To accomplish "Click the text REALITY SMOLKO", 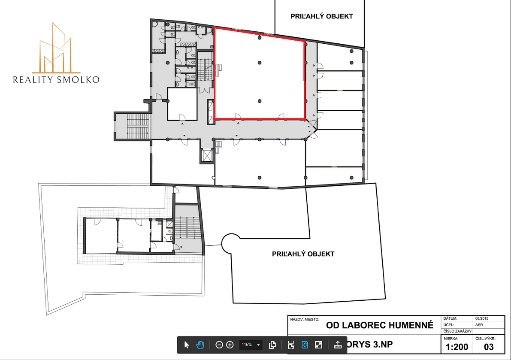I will pyautogui.click(x=56, y=79).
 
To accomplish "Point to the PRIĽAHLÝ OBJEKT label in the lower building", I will pyautogui.click(x=303, y=254).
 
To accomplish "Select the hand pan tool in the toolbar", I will pyautogui.click(x=200, y=345).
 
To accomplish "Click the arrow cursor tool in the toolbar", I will pyautogui.click(x=187, y=345).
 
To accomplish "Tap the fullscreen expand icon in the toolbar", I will pyautogui.click(x=318, y=345).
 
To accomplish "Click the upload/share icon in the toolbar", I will pyautogui.click(x=337, y=345).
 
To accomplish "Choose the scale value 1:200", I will pyautogui.click(x=457, y=347).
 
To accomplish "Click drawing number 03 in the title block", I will pyautogui.click(x=489, y=347).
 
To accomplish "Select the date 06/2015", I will pyautogui.click(x=482, y=319).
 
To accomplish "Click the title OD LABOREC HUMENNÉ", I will pyautogui.click(x=380, y=325).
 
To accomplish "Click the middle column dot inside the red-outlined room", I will pyautogui.click(x=260, y=63).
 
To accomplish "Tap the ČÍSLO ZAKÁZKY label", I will pyautogui.click(x=457, y=332).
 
